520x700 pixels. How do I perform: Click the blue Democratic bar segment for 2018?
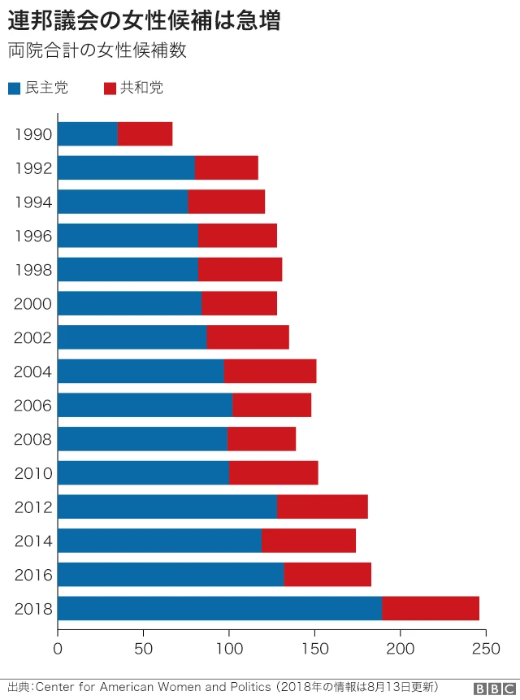[219, 608]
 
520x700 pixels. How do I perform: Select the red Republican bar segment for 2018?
[430, 608]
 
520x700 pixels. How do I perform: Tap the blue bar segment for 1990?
[88, 134]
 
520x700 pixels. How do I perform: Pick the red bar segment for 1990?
[145, 134]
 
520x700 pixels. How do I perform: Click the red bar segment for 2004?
[270, 371]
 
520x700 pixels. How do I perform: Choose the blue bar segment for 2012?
[167, 507]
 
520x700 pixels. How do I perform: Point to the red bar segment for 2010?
[273, 472]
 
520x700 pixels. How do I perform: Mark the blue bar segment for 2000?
[130, 303]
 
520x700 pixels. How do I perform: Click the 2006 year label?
[33, 406]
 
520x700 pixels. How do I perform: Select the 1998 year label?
[33, 270]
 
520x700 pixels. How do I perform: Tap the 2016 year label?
[33, 575]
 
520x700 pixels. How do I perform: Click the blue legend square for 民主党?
[14, 89]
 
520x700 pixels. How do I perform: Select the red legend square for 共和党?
[109, 89]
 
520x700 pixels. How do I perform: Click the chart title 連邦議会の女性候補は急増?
[144, 21]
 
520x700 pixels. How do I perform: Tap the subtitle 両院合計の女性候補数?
[97, 50]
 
